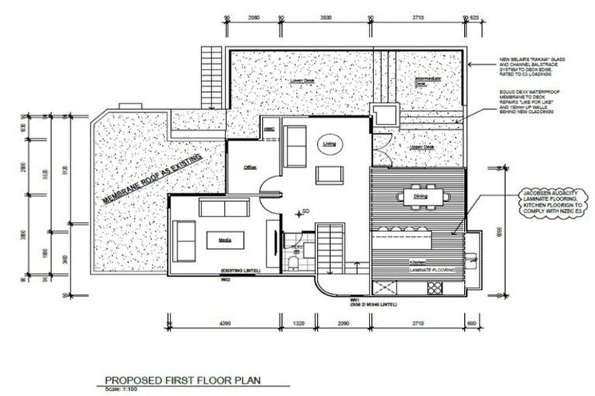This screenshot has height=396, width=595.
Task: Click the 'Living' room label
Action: pos(329,144)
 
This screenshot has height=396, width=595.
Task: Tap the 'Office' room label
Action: pos(250,166)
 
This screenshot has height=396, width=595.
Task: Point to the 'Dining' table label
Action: pos(420,196)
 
